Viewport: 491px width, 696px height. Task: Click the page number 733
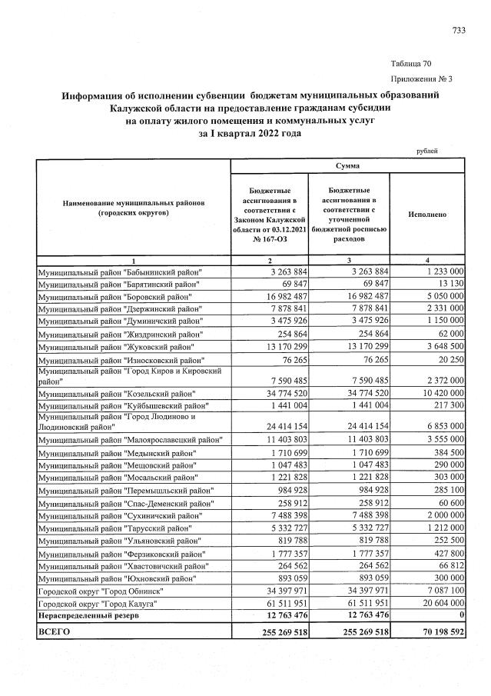(x=458, y=30)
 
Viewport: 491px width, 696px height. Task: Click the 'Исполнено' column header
(x=426, y=217)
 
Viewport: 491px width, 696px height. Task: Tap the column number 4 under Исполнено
(x=426, y=261)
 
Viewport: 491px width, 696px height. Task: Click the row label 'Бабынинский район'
(x=121, y=272)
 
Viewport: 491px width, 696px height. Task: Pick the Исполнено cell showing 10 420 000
(x=440, y=393)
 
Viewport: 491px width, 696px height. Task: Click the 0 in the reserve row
(x=459, y=618)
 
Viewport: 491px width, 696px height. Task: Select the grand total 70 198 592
(x=437, y=633)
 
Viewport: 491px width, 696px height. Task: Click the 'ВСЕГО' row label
(x=54, y=633)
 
